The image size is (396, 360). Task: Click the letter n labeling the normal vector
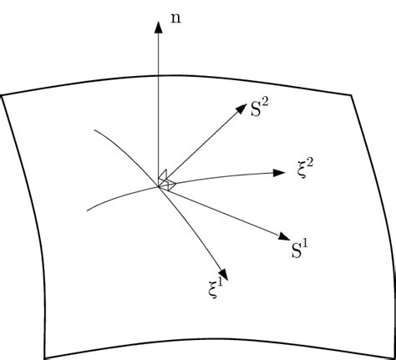tap(175, 18)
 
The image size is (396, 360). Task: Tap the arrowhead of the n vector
tap(159, 28)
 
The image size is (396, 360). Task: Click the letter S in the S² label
tap(256, 109)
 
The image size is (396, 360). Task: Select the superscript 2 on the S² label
tap(265, 102)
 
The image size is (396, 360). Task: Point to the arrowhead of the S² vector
tap(241, 109)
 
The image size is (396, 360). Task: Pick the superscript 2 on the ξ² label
tap(309, 163)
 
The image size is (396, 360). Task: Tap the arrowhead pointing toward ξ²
tap(278, 173)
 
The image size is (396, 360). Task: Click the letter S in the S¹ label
tap(297, 251)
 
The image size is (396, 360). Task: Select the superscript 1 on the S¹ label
tap(305, 244)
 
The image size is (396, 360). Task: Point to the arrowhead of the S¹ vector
tap(284, 236)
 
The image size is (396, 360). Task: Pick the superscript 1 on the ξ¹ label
tap(221, 283)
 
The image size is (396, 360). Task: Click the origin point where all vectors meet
tap(159, 186)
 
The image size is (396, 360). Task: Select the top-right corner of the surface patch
tap(352, 95)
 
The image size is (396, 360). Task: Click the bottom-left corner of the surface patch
tap(45, 357)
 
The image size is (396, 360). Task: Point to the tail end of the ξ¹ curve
tap(94, 129)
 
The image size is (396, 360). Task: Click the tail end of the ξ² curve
tap(87, 210)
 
